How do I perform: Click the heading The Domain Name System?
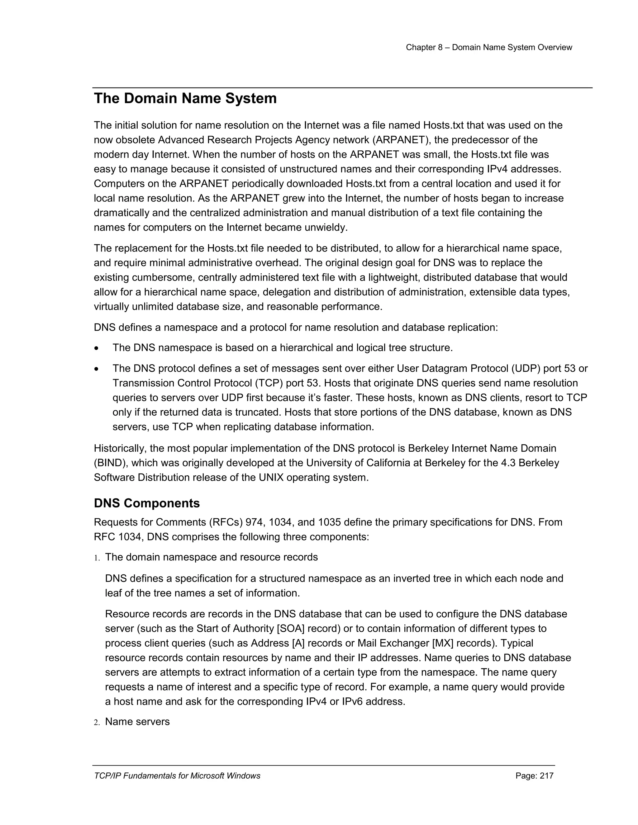coord(185,99)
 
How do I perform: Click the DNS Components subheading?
coord(147,503)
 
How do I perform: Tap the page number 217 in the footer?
coord(546,776)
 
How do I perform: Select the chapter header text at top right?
coord(489,48)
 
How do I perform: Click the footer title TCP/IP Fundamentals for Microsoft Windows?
coord(177,776)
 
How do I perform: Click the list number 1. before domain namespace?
coord(97,558)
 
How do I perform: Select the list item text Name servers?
coord(137,722)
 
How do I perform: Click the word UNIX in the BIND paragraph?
coord(271,478)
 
